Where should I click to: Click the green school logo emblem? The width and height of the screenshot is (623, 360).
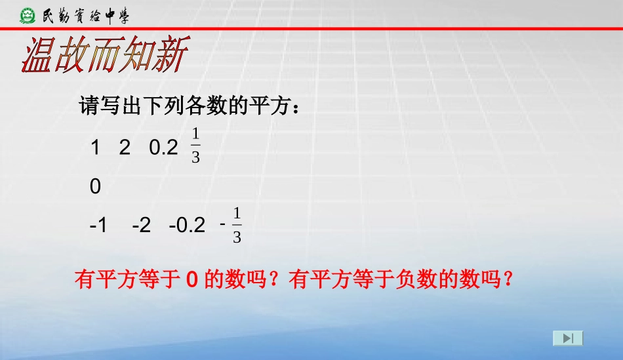28,14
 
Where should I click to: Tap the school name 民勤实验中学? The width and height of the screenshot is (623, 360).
85,14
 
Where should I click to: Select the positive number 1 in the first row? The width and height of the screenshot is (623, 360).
95,148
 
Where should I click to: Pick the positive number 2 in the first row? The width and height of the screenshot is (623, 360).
125,148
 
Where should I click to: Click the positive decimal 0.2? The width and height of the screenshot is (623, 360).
164,148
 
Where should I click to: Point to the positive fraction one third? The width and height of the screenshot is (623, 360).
195,146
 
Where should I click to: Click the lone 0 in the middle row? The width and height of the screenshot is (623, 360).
96,188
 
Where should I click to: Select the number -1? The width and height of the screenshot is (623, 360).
98,226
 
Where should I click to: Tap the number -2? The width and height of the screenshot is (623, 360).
141,226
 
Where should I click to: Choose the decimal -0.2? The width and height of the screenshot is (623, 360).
187,226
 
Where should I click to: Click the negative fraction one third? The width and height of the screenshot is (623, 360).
233,226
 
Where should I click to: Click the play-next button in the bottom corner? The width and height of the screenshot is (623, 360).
568,338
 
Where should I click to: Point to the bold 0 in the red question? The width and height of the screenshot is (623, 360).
192,281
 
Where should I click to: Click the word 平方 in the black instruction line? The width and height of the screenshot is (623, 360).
264,106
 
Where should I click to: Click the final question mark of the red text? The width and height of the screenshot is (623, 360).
506,281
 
